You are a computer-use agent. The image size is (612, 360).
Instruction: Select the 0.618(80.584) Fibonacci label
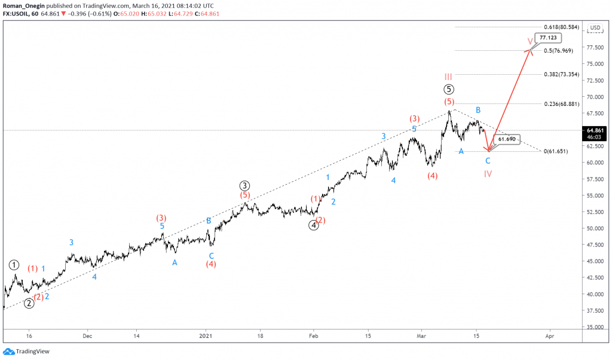pos(561,28)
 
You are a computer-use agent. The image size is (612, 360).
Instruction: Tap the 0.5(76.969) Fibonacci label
pos(558,51)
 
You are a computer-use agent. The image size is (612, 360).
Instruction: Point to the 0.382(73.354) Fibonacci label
pos(561,74)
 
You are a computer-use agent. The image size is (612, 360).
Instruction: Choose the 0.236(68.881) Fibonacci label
pos(561,104)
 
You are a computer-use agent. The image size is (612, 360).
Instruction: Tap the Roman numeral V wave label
pos(530,42)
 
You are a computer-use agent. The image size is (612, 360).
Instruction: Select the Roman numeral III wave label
pos(448,77)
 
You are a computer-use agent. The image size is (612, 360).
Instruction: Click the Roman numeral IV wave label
pos(488,174)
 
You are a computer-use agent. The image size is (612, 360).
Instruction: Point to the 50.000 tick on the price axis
pos(594,228)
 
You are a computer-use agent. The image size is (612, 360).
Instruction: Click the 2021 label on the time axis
pos(206,336)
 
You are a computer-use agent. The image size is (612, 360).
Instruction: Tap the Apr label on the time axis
pos(549,336)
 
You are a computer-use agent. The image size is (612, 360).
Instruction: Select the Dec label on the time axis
pos(87,336)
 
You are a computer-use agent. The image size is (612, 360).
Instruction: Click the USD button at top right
pos(595,28)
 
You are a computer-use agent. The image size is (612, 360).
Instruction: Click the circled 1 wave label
pos(14,265)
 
